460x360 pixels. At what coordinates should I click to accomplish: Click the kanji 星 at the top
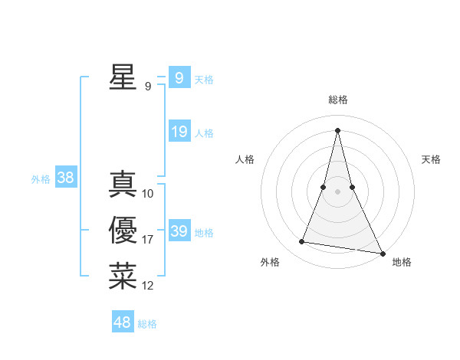click(123, 77)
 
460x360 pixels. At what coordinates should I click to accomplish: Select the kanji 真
click(123, 185)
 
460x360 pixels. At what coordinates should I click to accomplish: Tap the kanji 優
click(123, 231)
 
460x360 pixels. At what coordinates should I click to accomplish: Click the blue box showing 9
click(179, 77)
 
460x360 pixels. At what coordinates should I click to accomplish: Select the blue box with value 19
click(179, 132)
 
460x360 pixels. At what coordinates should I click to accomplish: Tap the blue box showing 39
click(179, 231)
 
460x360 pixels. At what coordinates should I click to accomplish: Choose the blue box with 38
click(66, 178)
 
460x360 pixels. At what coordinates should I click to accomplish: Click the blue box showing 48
click(123, 322)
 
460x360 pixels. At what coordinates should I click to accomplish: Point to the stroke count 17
click(148, 240)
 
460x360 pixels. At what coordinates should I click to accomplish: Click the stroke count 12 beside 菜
click(148, 286)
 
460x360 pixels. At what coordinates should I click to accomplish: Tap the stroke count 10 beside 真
click(148, 194)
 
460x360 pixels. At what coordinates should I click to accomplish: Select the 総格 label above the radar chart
click(338, 100)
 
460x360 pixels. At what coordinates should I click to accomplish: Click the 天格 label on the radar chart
click(432, 159)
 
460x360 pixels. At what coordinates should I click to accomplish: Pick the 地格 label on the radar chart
click(402, 262)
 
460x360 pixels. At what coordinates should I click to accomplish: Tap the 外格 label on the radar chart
click(270, 262)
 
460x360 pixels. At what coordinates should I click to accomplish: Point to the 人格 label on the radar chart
click(245, 159)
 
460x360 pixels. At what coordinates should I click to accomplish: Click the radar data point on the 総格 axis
click(337, 129)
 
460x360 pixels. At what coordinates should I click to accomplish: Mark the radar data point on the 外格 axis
click(302, 242)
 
